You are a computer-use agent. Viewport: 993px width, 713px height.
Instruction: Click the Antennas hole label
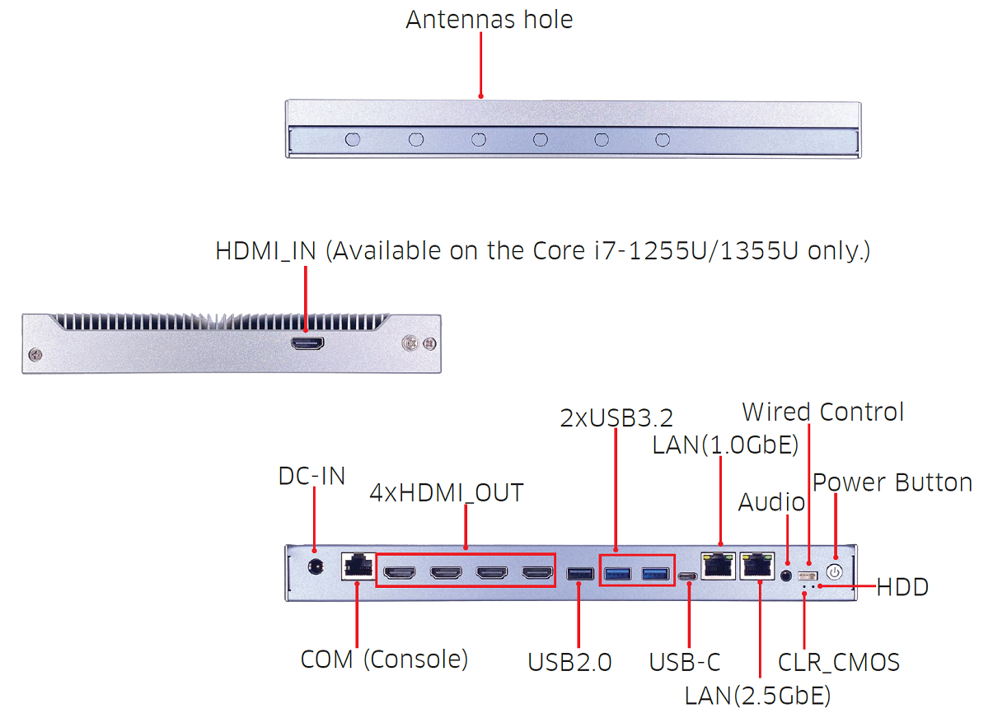coord(489,19)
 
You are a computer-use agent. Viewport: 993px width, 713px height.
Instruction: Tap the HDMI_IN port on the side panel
coord(307,343)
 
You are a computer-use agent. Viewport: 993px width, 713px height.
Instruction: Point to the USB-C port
coord(687,576)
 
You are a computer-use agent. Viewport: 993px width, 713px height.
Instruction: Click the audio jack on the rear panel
coord(787,574)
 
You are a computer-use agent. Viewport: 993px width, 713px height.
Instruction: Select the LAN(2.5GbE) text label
coord(757,696)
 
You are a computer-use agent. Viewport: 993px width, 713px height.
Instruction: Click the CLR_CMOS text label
coord(838,662)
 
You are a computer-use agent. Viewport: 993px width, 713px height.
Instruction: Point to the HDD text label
coord(902,587)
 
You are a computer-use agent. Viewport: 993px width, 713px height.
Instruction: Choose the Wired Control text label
coord(822,412)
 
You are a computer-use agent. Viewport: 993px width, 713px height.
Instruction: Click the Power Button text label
coord(892,482)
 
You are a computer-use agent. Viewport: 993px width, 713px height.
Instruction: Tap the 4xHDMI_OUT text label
coord(446,492)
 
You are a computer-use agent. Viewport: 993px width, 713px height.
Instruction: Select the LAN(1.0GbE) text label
coord(725,445)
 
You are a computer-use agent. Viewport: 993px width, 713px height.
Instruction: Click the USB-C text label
coord(685,662)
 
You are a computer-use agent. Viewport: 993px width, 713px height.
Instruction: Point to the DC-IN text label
coord(311,476)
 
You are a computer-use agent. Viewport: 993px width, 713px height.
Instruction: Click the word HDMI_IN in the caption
coord(265,251)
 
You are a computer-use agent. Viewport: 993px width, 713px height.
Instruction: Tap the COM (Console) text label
coord(384,659)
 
